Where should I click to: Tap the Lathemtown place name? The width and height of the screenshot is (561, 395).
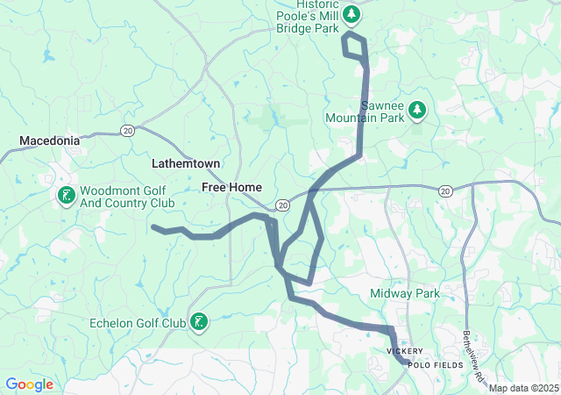185,164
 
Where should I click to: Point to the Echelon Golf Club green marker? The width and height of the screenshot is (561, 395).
200,322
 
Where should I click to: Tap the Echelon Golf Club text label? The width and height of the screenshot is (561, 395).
138,323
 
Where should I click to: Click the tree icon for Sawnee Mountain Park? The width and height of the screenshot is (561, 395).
418,109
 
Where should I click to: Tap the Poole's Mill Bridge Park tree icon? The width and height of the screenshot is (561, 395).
352,14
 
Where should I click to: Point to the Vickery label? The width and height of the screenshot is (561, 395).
405,351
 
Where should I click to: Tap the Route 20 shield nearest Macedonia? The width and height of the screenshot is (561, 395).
127,130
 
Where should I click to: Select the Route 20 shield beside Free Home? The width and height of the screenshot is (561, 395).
281,204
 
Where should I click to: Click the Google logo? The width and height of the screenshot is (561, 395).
29,384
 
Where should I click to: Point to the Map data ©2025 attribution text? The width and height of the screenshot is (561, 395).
522,388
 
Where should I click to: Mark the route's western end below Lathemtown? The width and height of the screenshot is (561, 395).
154,228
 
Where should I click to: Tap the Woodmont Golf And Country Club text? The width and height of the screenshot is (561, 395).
127,197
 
